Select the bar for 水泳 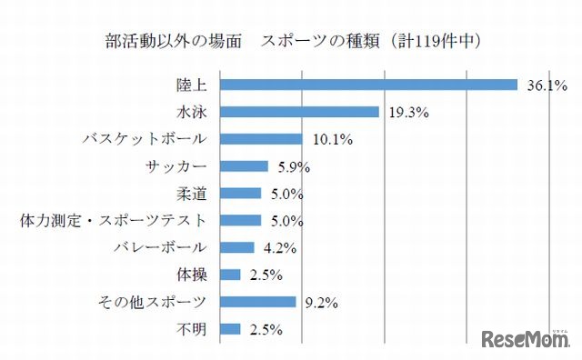coord(299,113)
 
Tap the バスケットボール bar coord(261,139)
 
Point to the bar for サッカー coord(244,166)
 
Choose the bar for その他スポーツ coord(258,302)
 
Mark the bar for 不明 coord(230,328)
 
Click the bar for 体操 coord(230,275)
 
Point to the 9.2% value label coord(321,302)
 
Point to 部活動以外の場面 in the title coord(164,41)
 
